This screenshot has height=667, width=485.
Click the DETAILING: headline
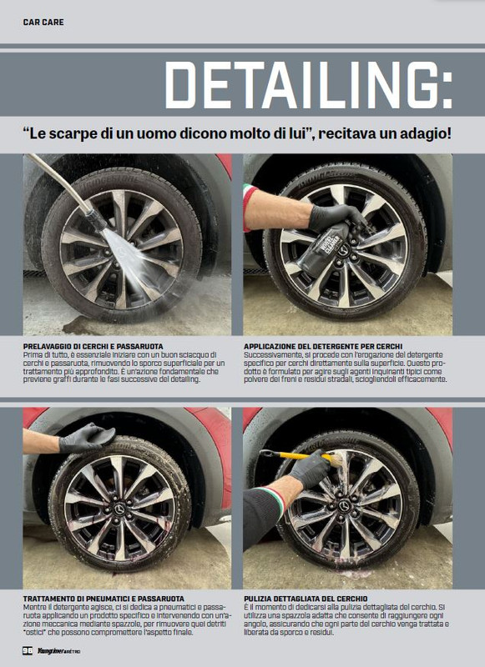[308, 85]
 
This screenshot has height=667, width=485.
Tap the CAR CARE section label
[43, 21]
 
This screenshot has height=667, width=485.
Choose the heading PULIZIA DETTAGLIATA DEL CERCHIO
[318, 599]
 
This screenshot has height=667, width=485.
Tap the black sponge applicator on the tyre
[93, 434]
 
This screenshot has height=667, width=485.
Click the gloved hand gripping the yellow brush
[310, 470]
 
